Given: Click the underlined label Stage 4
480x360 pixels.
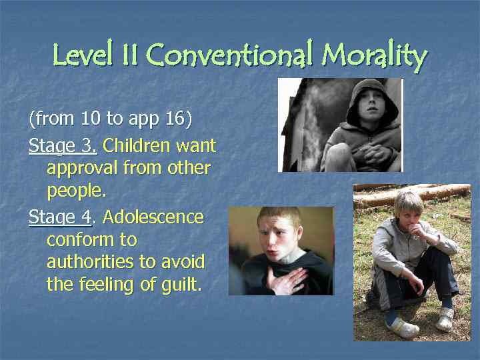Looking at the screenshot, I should coord(60,217).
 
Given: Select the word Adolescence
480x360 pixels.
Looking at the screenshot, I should coord(153,217).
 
